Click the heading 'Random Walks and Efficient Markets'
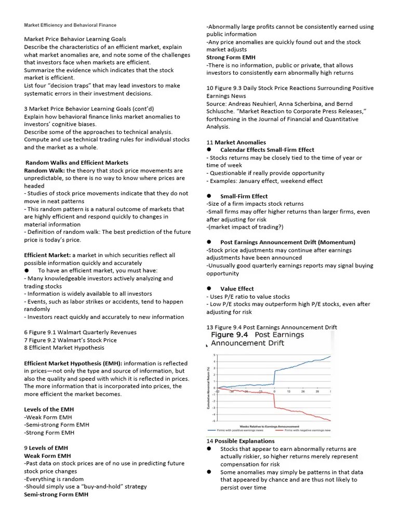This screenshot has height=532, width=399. click(77, 163)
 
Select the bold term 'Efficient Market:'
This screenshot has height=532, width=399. click(48, 255)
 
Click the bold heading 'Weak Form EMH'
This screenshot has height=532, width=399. click(47, 456)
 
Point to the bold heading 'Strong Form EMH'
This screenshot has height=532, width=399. click(231, 57)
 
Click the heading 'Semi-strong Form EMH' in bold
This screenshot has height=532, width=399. click(56, 495)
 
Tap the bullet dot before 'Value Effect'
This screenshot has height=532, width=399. click(209, 288)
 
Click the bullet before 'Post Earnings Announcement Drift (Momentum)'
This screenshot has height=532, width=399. click(209, 242)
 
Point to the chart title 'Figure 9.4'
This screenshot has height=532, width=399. click(229, 336)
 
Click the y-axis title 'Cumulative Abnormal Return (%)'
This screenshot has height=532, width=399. click(209, 388)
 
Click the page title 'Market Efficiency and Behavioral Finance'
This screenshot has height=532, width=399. click(71, 25)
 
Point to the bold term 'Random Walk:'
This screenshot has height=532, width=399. click(45, 170)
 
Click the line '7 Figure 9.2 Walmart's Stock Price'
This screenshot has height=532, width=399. click(70, 340)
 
